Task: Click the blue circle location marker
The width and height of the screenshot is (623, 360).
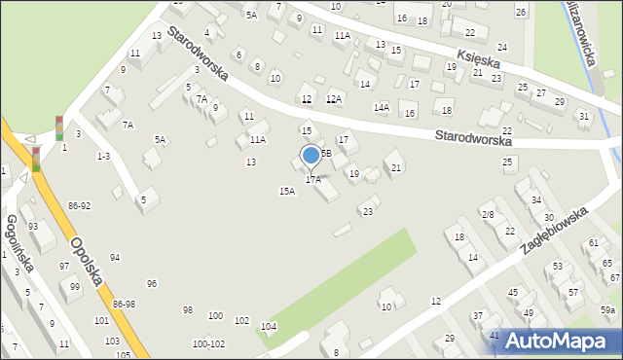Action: click(x=311, y=155)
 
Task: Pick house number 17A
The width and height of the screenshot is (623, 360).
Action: click(x=313, y=180)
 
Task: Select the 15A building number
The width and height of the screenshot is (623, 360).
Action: click(x=287, y=192)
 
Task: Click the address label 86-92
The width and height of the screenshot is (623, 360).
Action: click(x=80, y=206)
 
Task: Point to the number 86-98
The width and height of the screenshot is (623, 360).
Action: click(x=125, y=305)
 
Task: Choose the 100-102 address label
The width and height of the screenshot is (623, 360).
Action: click(x=208, y=343)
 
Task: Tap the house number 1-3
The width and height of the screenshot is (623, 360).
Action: click(x=102, y=156)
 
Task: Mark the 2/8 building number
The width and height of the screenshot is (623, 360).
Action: click(x=488, y=214)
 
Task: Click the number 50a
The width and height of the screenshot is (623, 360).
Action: click(x=607, y=309)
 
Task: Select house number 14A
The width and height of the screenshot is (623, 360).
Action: click(x=381, y=108)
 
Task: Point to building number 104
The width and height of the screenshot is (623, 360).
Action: click(x=269, y=326)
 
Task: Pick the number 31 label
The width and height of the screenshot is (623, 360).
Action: click(x=583, y=117)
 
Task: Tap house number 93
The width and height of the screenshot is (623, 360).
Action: click(x=34, y=226)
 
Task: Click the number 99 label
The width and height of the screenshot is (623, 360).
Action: click(x=75, y=286)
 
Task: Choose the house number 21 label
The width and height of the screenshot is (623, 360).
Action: click(x=396, y=168)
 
